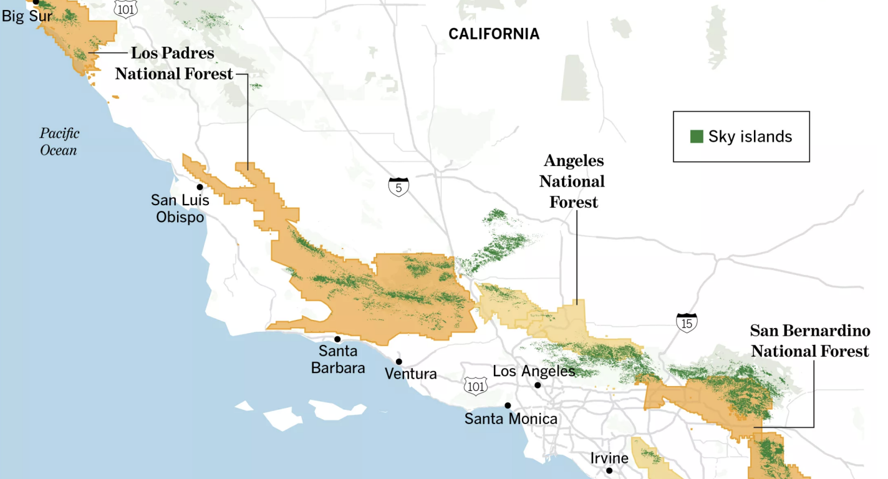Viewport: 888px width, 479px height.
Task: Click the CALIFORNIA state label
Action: pos(494,34)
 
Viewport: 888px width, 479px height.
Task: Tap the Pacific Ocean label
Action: pos(59,142)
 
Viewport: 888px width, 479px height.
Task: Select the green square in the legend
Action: pos(697,137)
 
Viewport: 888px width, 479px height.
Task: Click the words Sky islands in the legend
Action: pos(750,137)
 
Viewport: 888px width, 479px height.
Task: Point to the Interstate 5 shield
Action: pos(398,186)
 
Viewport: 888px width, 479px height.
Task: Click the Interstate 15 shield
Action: pos(687,322)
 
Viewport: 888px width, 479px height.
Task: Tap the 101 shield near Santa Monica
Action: pos(475,386)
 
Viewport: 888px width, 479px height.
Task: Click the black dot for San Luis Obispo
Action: pos(200,186)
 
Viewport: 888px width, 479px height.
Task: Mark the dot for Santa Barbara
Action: pos(337,339)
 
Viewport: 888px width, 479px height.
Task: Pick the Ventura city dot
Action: pos(398,362)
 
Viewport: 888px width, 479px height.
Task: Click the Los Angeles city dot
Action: pos(538,385)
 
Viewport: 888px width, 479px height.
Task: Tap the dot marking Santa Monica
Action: pos(508,405)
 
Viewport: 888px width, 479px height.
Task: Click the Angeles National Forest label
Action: pos(572,181)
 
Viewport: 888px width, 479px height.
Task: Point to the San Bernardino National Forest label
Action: pos(809,341)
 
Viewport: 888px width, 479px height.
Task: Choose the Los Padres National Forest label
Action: pos(173,63)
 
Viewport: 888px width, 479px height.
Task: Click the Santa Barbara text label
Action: pos(338,359)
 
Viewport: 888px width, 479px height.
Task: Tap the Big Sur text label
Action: pos(27,16)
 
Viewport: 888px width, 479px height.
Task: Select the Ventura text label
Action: pos(410,374)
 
